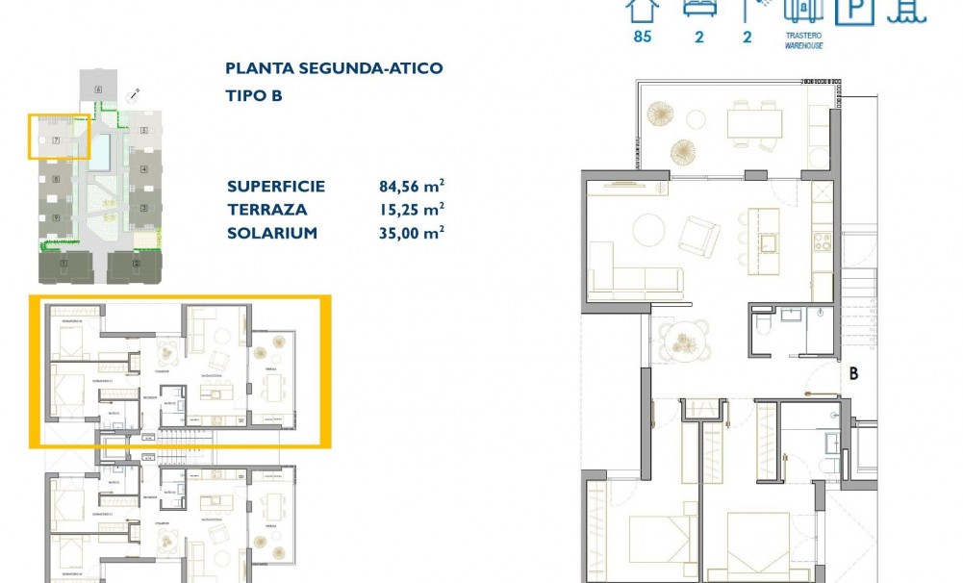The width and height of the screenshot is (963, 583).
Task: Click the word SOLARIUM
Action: [x=272, y=233]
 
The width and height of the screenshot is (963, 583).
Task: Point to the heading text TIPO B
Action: [x=254, y=96]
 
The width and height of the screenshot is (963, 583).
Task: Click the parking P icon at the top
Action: [x=853, y=11]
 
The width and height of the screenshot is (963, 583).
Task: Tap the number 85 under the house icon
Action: [x=642, y=38]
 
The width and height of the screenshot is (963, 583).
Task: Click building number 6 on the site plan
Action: [x=98, y=89]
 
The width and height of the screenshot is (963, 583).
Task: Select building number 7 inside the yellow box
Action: [x=57, y=141]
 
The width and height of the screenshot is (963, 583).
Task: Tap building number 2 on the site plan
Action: [x=136, y=263]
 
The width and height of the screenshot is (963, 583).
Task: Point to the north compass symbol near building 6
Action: [x=134, y=94]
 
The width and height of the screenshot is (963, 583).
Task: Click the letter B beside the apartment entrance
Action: [x=852, y=374]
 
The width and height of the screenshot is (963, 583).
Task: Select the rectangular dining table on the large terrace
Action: [x=753, y=122]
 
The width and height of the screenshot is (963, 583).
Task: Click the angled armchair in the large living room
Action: [x=699, y=234]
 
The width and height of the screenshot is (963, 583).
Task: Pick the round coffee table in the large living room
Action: [x=647, y=230]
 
